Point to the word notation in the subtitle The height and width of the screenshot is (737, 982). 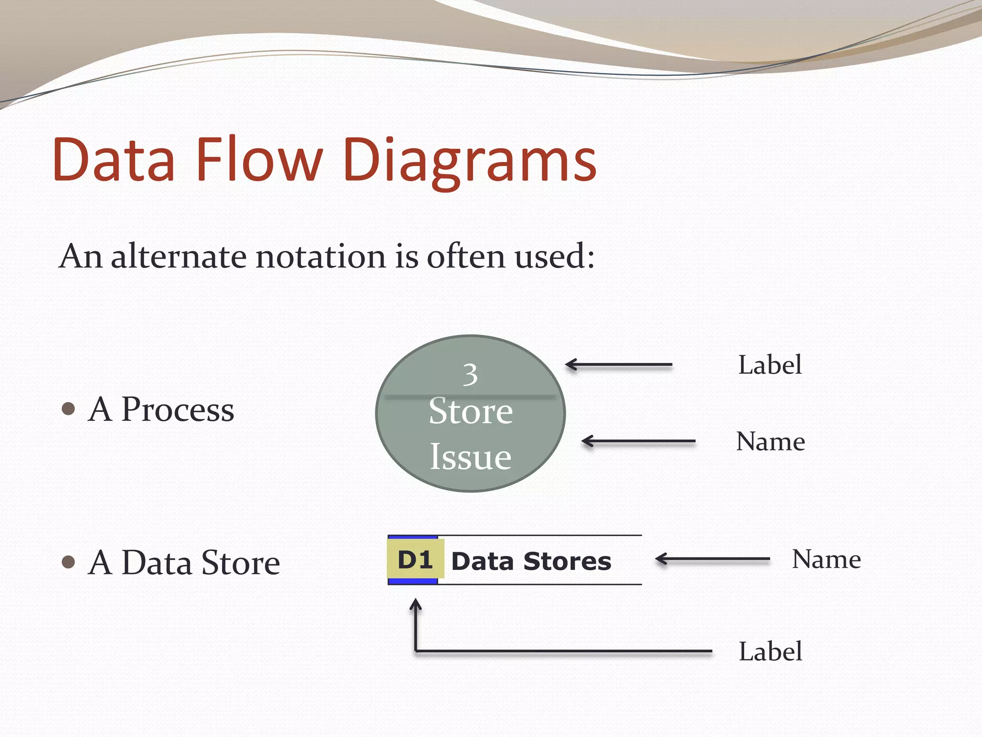(320, 256)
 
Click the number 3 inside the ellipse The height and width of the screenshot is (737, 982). (470, 375)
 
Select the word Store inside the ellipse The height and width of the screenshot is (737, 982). (470, 411)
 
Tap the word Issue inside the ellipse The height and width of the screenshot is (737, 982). (470, 456)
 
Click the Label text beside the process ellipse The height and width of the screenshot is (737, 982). (770, 365)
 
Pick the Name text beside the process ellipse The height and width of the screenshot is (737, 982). (770, 441)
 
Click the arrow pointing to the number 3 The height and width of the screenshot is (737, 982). (619, 365)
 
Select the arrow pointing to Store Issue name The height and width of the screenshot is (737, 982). (638, 441)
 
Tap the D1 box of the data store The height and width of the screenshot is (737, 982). (415, 560)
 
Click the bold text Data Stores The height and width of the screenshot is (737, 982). (531, 561)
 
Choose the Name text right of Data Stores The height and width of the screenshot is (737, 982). (826, 559)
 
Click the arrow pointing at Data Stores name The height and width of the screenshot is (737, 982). (713, 559)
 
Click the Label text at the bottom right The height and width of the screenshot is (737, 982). (770, 652)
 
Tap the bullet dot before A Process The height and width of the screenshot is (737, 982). (69, 409)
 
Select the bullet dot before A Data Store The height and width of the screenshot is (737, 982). (69, 562)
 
